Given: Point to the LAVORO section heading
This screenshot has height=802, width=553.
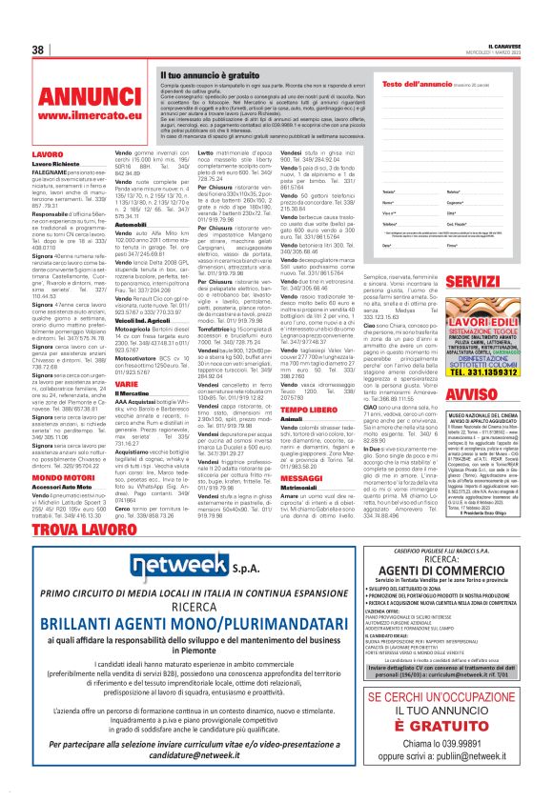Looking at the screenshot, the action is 48,153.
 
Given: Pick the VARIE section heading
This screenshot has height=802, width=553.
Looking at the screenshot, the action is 127,357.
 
